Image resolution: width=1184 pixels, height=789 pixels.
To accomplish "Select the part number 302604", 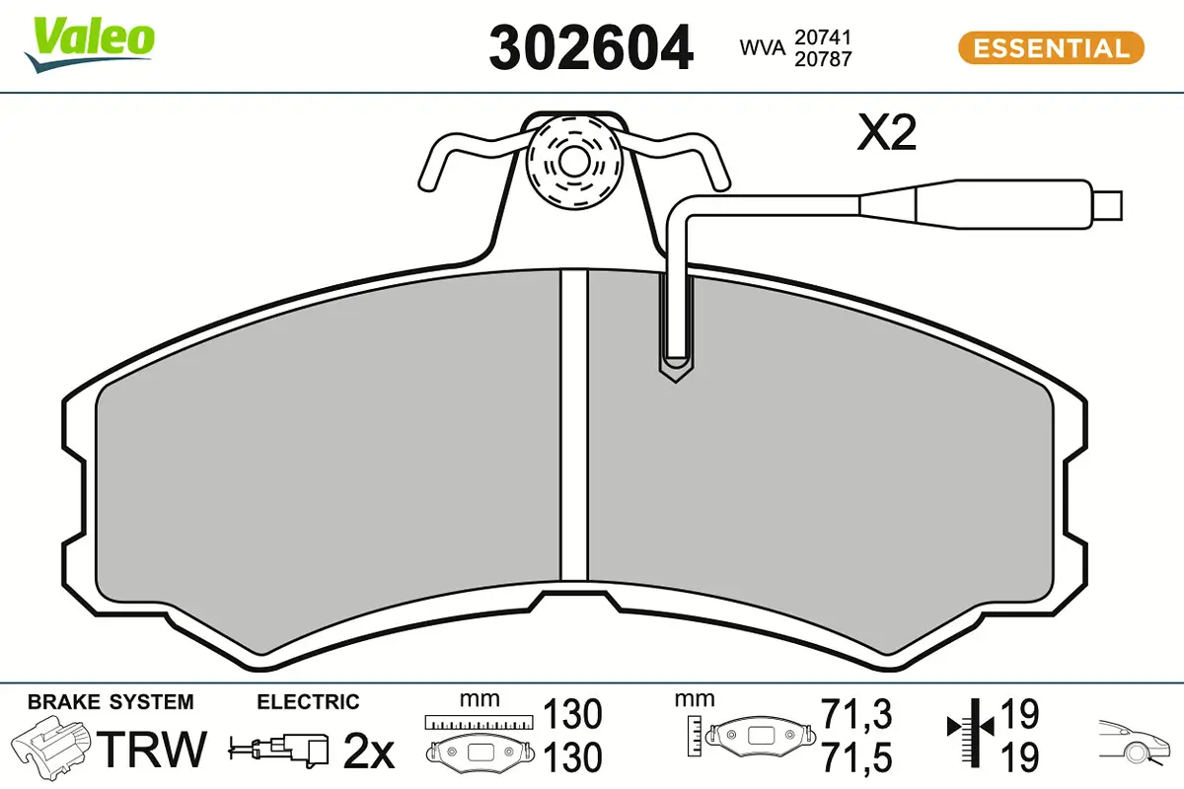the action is coord(591,48).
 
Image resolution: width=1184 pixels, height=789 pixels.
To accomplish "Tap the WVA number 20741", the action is coord(823,37).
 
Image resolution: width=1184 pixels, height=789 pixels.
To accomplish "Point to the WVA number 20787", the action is coord(823,59).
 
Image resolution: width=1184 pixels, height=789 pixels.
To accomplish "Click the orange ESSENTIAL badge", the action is coord(1051,48).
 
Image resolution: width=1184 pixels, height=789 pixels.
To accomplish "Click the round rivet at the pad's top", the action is coord(574,162).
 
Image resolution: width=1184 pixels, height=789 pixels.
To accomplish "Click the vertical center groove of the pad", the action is coord(574,426).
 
